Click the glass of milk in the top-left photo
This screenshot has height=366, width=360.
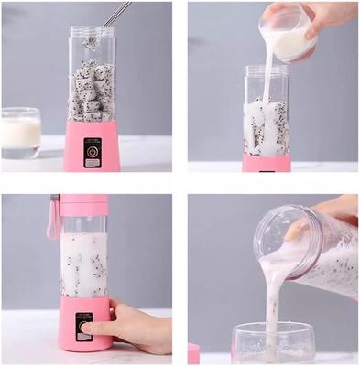click(21, 132)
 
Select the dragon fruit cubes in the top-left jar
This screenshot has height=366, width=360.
click(92, 91)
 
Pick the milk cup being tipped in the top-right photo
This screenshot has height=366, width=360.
click(289, 37)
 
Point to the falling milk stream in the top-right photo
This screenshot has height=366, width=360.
click(268, 82)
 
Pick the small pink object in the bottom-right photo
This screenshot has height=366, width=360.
click(194, 353)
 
